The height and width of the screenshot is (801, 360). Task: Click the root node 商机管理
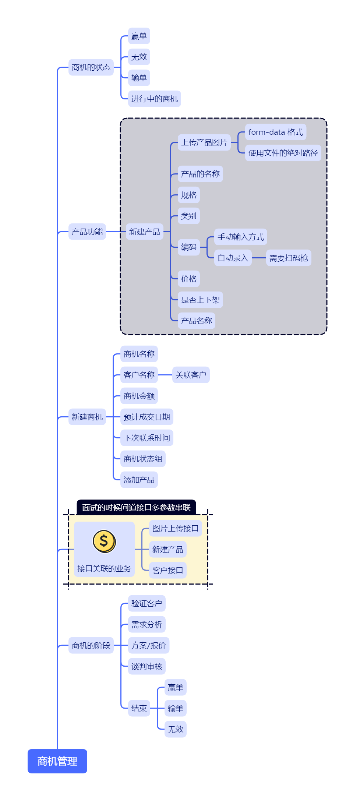[57, 761]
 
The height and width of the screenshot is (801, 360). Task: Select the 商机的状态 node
[91, 67]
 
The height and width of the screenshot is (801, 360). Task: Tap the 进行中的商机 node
[154, 99]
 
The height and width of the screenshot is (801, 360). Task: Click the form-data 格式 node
[275, 132]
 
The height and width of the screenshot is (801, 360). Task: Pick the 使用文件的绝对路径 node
[283, 153]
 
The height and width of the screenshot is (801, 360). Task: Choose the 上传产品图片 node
[204, 142]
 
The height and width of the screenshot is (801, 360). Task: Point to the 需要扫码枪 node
[288, 258]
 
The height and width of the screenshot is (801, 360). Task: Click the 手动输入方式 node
[240, 237]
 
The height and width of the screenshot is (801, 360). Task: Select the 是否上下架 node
[200, 300]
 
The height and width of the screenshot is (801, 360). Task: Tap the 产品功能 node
[87, 232]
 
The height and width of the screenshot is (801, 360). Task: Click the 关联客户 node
[191, 375]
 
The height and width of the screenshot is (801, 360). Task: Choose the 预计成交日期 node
[147, 417]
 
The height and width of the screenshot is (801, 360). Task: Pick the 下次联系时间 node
[147, 438]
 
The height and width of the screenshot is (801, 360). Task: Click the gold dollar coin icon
[104, 541]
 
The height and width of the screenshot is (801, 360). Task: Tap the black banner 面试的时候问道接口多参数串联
[136, 508]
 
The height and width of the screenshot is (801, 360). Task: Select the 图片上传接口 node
[175, 529]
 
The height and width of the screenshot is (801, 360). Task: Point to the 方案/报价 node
[148, 646]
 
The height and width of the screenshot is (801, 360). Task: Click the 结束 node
[139, 708]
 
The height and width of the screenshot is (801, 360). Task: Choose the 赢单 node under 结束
[175, 688]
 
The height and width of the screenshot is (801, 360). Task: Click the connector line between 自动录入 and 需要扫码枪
[259, 258]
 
